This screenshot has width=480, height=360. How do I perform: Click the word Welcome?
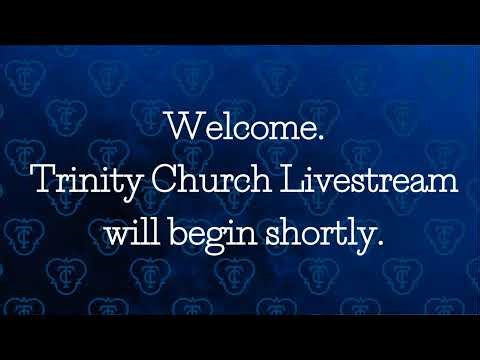coord(237,127)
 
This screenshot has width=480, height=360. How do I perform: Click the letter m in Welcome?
coord(296,130)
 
